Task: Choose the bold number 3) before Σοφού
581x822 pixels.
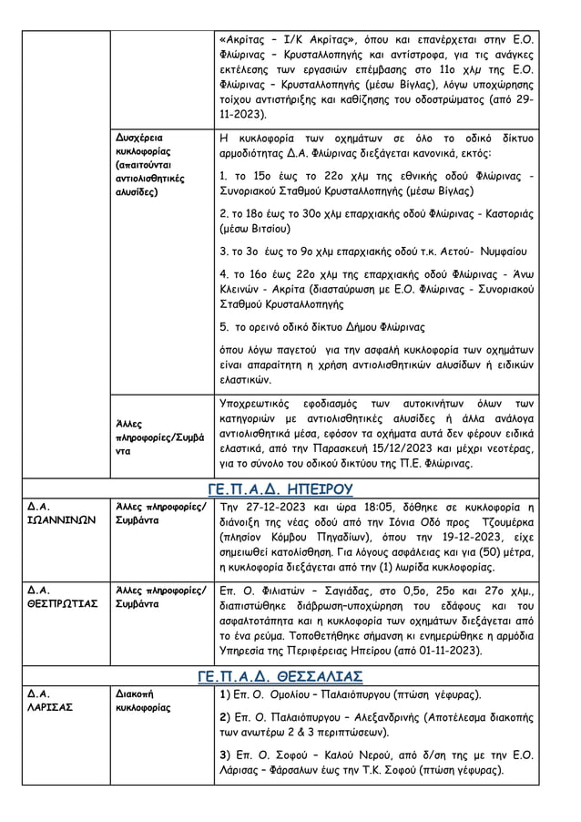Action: click(x=226, y=755)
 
